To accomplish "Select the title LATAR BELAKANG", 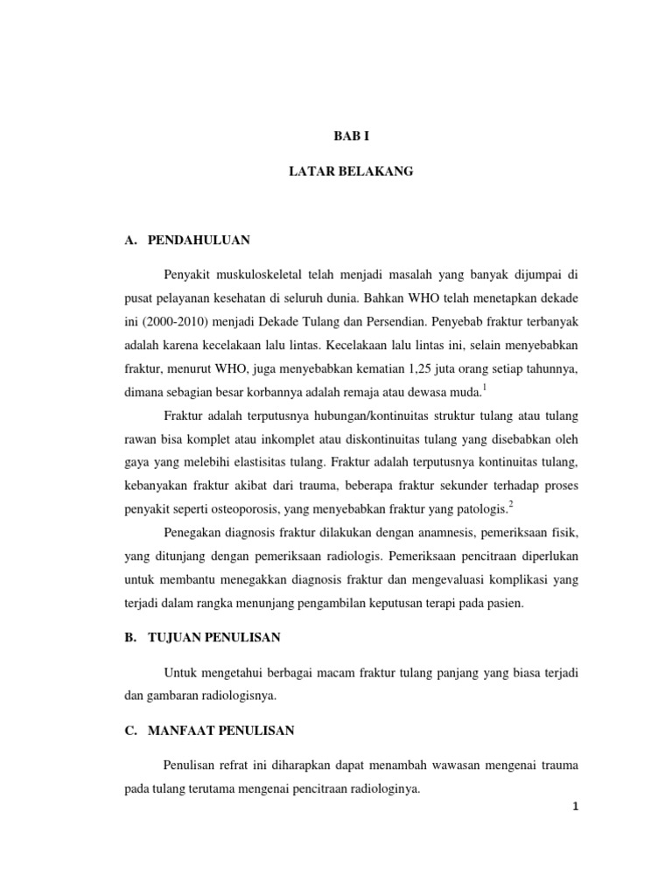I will click(x=351, y=172).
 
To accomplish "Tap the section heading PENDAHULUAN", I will click(x=199, y=240).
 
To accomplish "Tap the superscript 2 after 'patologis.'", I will click(x=512, y=503).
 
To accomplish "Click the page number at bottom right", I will click(x=575, y=807).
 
